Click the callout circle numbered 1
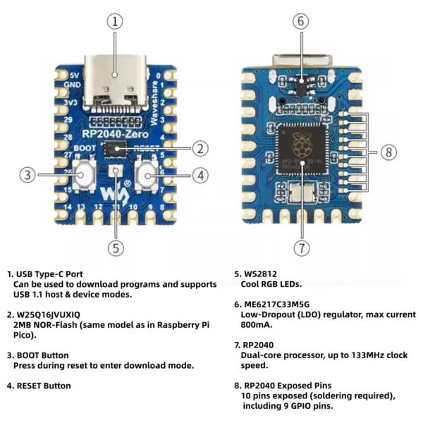click(x=115, y=21)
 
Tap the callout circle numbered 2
click(x=200, y=148)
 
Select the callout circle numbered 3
click(x=27, y=174)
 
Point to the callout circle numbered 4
click(x=200, y=174)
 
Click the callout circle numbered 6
click(x=301, y=21)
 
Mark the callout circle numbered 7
click(x=301, y=247)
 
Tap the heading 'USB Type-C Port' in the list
click(x=51, y=274)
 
